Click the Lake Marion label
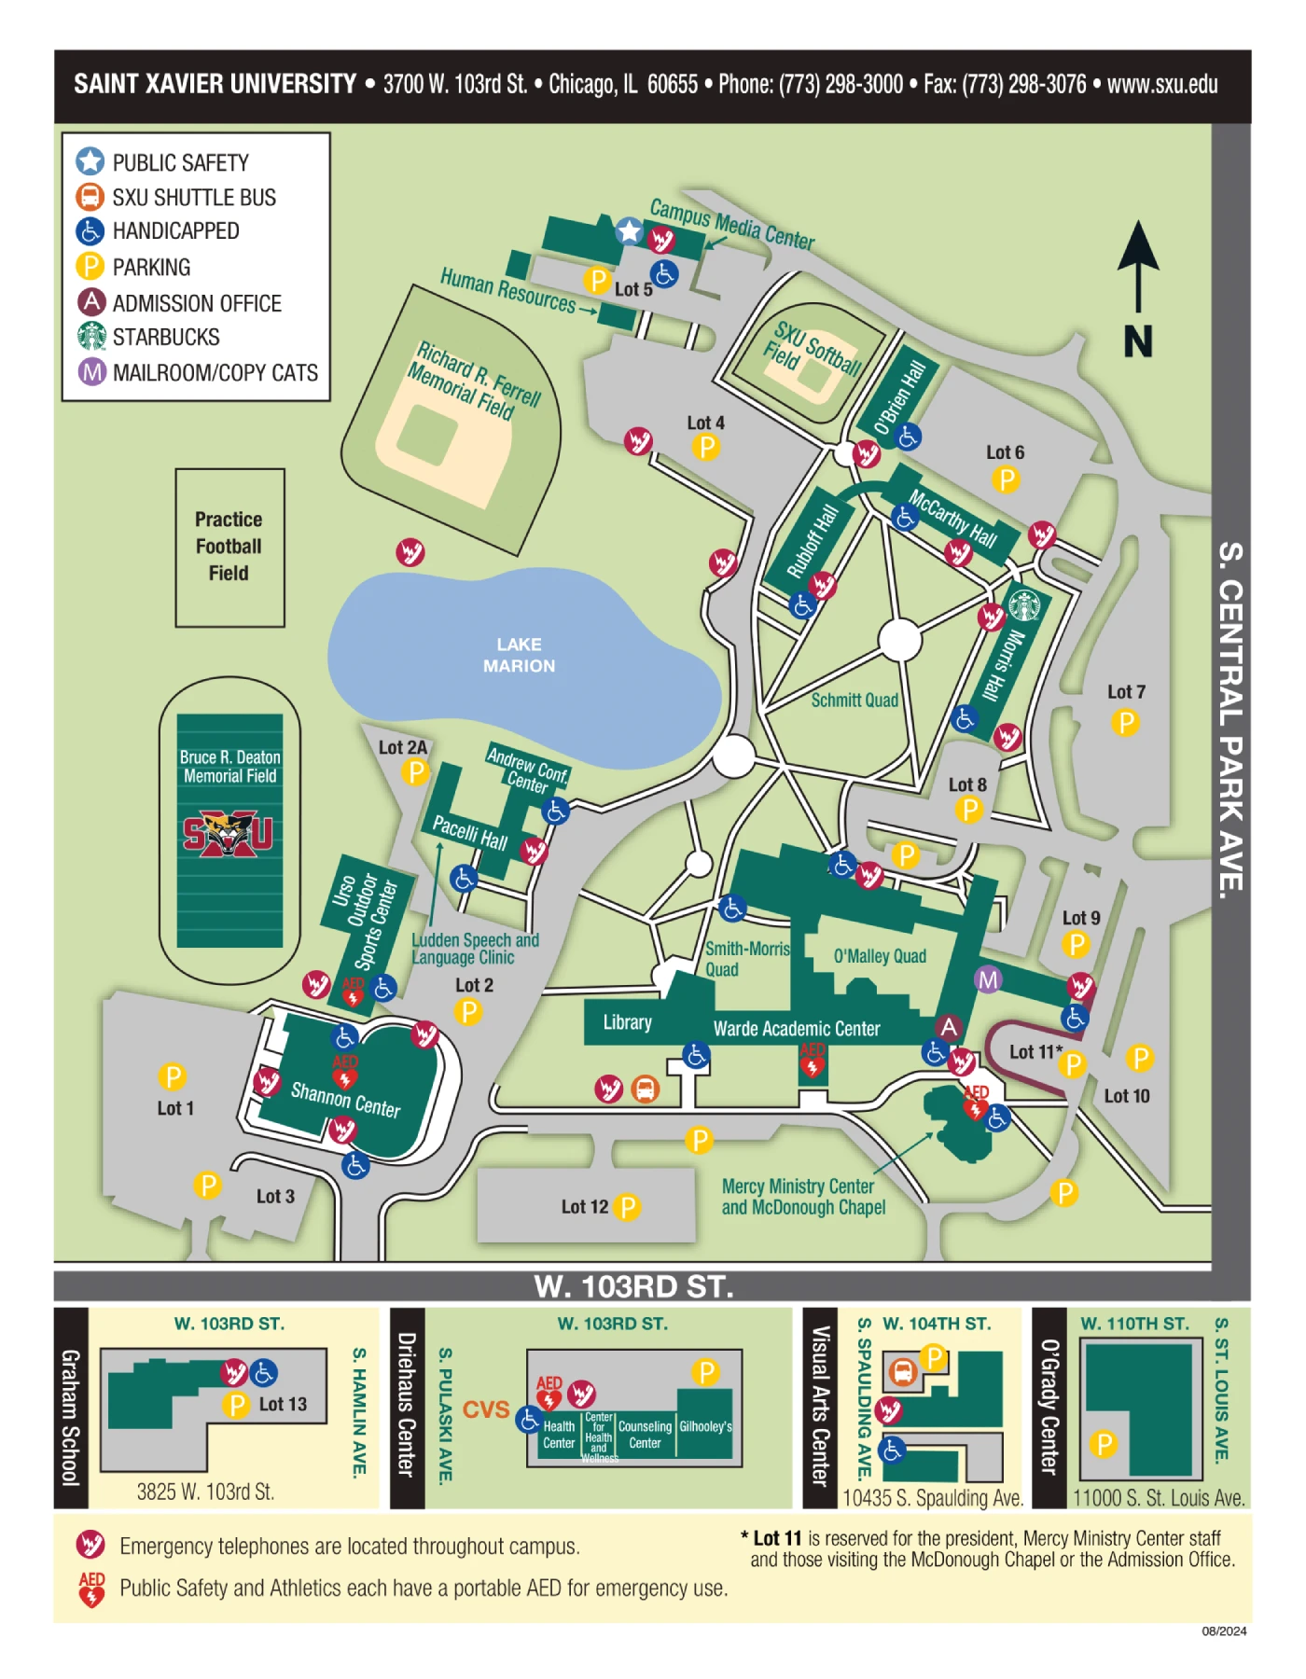pos(519,655)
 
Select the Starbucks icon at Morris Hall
pos(1024,605)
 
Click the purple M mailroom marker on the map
pos(988,979)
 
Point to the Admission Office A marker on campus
pos(949,1027)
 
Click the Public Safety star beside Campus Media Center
pos(630,230)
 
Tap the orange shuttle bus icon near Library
pos(645,1088)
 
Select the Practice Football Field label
pos(229,547)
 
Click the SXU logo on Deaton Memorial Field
pos(229,834)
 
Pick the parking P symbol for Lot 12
pos(628,1207)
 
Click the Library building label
pos(627,1022)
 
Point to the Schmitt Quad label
pos(854,701)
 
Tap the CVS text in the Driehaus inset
pos(486,1409)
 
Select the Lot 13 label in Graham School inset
pos(283,1404)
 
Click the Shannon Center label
pos(346,1100)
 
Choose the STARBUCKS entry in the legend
pos(166,337)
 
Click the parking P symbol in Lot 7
pos(1126,722)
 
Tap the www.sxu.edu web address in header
pos(1162,84)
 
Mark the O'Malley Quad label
pos(880,956)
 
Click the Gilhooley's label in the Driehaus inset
pos(705,1427)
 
